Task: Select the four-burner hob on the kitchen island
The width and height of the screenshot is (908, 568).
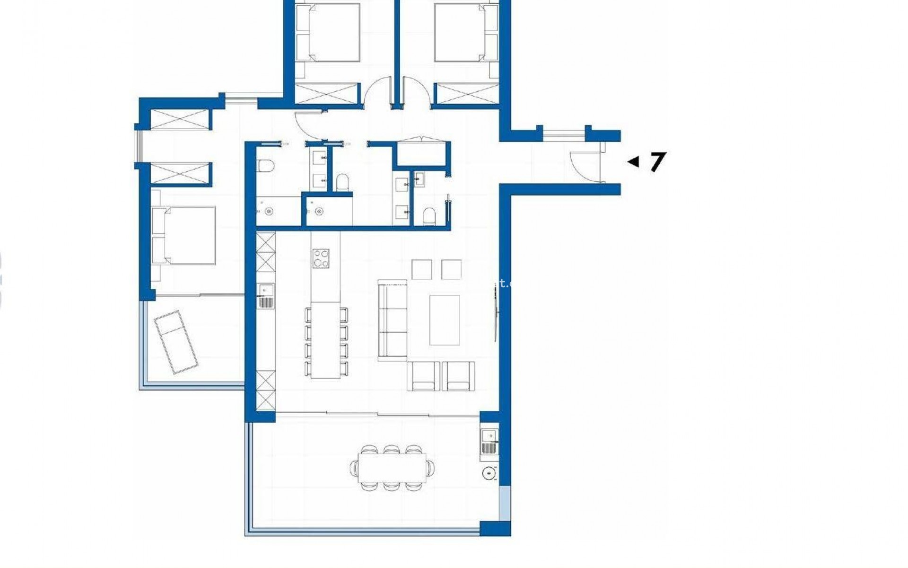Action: (x=321, y=259)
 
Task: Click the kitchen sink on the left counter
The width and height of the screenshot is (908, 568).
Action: (x=266, y=296)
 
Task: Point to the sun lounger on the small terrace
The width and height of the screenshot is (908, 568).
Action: (x=176, y=342)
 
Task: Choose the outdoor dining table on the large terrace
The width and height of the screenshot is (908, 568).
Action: (x=392, y=468)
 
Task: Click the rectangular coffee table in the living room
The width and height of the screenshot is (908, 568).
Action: (x=445, y=320)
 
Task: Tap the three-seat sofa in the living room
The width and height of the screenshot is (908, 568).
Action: (x=393, y=320)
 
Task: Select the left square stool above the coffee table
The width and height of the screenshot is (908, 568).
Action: (x=421, y=269)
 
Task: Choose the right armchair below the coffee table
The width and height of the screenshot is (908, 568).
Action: (x=458, y=376)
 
